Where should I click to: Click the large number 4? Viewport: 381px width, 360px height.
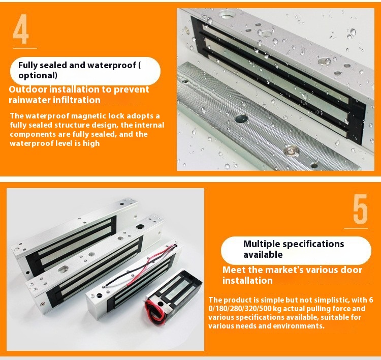(21, 29)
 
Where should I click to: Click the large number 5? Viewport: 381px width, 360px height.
(360, 209)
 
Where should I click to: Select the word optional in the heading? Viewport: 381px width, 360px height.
(38, 75)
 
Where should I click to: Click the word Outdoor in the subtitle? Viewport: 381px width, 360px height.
(28, 89)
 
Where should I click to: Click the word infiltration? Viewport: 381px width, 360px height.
(77, 100)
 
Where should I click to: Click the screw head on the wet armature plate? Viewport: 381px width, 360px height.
(292, 151)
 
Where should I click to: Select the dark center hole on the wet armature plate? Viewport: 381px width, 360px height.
(241, 118)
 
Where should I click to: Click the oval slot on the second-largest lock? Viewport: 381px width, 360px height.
(63, 269)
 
